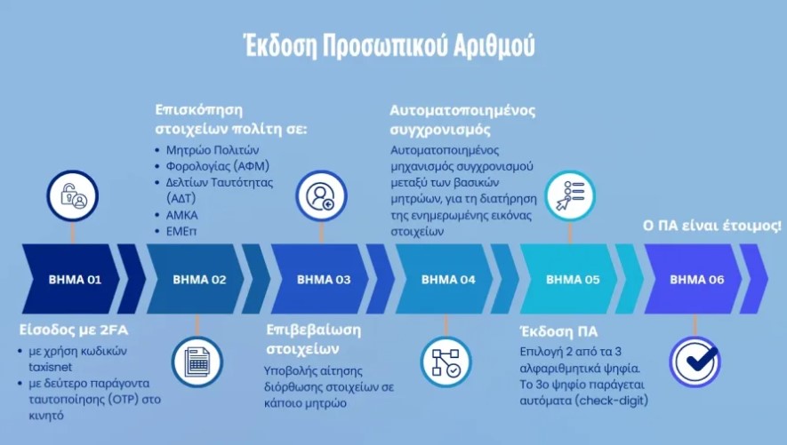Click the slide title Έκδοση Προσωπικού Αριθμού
coord(389,44)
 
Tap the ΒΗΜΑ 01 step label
coord(76,280)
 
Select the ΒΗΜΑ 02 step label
coord(200,280)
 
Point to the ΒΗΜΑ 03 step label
coord(324,280)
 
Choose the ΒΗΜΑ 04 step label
coord(448,280)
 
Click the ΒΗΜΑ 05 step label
coord(573,280)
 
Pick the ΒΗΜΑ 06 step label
coord(696,280)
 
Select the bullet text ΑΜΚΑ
coord(182,215)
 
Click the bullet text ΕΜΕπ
coord(181,231)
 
